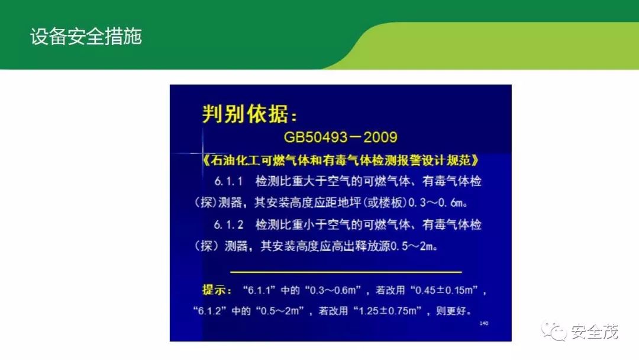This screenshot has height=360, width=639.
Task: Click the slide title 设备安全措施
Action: point(86,37)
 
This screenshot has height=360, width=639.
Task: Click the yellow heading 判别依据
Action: point(246,114)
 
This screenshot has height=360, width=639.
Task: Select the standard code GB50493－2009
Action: point(340,137)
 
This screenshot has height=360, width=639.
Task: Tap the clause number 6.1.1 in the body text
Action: point(228,181)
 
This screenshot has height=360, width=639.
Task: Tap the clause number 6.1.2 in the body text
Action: point(228,224)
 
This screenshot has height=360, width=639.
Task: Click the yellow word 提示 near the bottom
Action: point(214,290)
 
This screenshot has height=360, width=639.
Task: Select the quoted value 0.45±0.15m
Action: point(444,290)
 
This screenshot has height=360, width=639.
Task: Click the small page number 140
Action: point(484,323)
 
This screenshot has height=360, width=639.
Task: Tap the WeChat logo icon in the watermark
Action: point(553,330)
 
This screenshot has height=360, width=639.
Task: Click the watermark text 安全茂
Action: point(595,332)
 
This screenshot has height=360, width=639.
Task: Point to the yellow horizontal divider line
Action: point(346,272)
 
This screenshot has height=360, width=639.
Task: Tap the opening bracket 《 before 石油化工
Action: point(206,160)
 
